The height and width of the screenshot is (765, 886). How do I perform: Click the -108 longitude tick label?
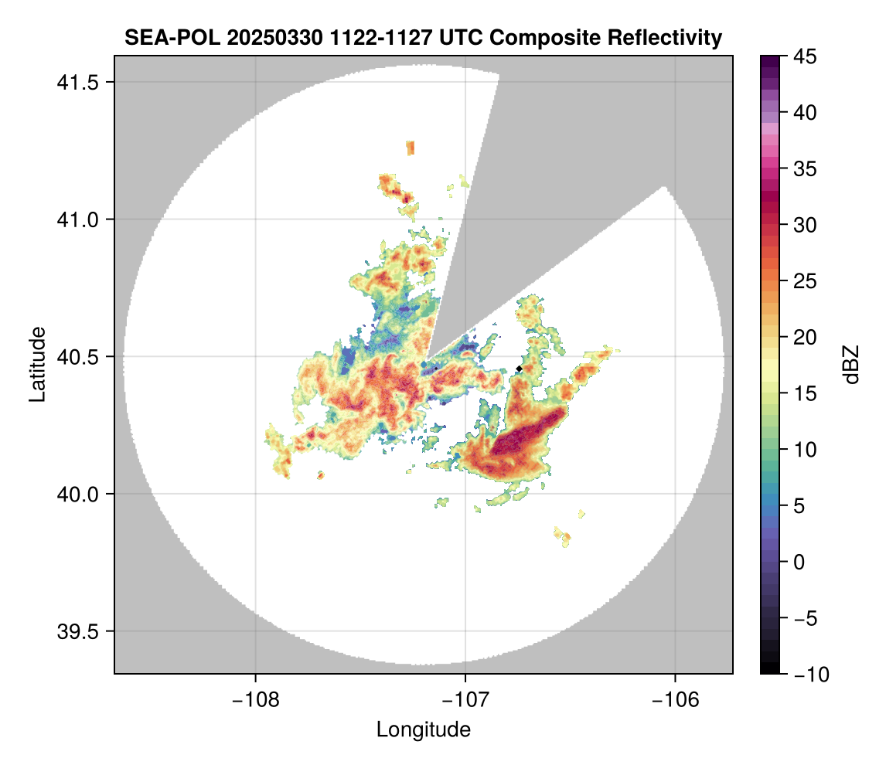pos(255,699)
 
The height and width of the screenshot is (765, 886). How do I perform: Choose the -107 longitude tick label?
pos(465,699)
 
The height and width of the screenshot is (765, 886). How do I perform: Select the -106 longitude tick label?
pos(676,699)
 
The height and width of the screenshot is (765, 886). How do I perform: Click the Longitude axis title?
pos(424,729)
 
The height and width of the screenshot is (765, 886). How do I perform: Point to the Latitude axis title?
pos(37,364)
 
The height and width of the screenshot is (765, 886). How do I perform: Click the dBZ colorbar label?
pos(851,365)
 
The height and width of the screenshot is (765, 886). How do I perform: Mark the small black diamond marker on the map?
pos(519,369)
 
